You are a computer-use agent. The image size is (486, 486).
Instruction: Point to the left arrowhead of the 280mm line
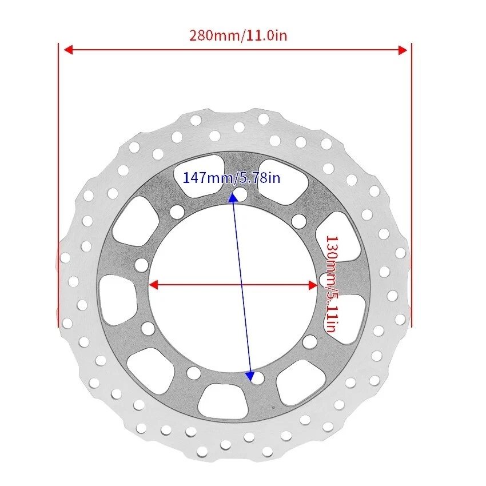[67, 50]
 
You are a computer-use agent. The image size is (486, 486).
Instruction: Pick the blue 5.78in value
[258, 178]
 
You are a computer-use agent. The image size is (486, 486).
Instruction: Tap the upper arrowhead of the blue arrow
[233, 198]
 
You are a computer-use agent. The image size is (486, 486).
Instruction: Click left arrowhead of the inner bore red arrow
[153, 285]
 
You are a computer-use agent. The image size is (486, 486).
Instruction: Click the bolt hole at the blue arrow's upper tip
[240, 195]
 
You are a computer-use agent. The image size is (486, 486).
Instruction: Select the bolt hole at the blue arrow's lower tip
[258, 377]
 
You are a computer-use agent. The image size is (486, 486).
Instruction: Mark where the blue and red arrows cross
[241, 285]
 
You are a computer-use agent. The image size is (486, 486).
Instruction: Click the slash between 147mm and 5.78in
[234, 178]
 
